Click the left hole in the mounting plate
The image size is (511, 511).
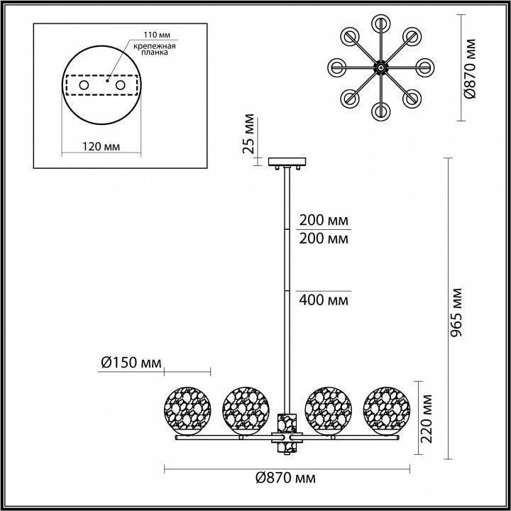pyautogui.click(x=84, y=85)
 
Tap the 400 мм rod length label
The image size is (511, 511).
pyautogui.click(x=324, y=300)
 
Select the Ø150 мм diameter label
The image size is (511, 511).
pyautogui.click(x=129, y=363)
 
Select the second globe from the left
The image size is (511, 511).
pyautogui.click(x=246, y=410)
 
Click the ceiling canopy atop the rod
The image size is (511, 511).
pyautogui.click(x=287, y=162)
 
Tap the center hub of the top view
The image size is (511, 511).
pyautogui.click(x=381, y=67)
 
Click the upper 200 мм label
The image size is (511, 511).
pyautogui.click(x=324, y=219)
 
